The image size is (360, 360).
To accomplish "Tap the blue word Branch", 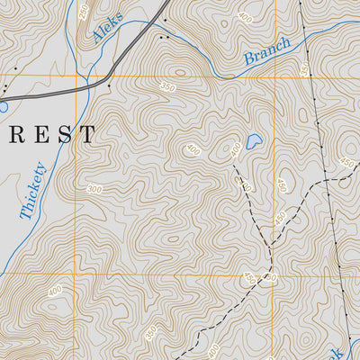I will tap(267, 52).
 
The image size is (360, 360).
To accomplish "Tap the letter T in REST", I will tap(87, 136).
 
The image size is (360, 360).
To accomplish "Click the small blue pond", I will tap(254, 141).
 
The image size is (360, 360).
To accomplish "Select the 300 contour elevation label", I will tap(95, 189).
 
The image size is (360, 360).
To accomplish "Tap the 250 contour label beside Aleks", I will tap(84, 12).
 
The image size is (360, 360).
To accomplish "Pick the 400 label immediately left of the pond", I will tap(236, 148).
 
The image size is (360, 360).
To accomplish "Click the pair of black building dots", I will tap(162, 38).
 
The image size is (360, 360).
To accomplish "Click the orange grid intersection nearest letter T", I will tap(75, 76).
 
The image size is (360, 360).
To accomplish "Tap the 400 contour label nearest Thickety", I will tap(55, 291).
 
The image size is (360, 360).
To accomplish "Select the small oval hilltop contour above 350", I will tap(179, 71).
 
